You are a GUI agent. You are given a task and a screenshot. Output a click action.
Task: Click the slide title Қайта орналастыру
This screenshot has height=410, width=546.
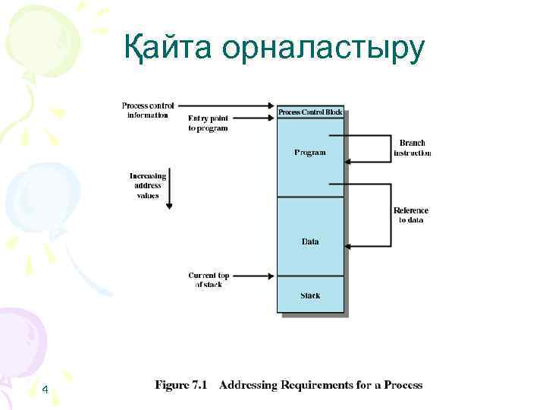click(x=275, y=49)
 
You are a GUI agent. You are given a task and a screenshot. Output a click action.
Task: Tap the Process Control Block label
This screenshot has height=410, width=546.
click(x=310, y=112)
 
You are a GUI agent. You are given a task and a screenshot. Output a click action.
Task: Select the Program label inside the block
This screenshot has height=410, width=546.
click(x=310, y=153)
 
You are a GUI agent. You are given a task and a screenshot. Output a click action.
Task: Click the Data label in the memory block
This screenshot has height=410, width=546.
click(x=310, y=242)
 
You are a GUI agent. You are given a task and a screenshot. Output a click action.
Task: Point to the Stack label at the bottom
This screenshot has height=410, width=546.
click(x=310, y=295)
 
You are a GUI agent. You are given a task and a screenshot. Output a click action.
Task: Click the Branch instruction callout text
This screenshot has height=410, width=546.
click(x=412, y=148)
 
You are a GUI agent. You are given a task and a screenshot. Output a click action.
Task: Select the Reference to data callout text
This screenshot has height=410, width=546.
click(x=411, y=216)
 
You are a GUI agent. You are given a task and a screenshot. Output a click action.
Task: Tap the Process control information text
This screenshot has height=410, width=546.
click(x=148, y=110)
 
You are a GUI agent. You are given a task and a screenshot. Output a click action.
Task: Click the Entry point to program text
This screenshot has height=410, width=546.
click(x=208, y=123)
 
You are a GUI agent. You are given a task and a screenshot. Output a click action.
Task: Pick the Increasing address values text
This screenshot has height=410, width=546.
click(x=148, y=185)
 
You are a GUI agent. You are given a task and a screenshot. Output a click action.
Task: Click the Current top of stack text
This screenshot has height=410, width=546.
click(x=208, y=279)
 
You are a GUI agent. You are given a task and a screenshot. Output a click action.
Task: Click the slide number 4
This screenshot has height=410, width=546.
click(x=45, y=390)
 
